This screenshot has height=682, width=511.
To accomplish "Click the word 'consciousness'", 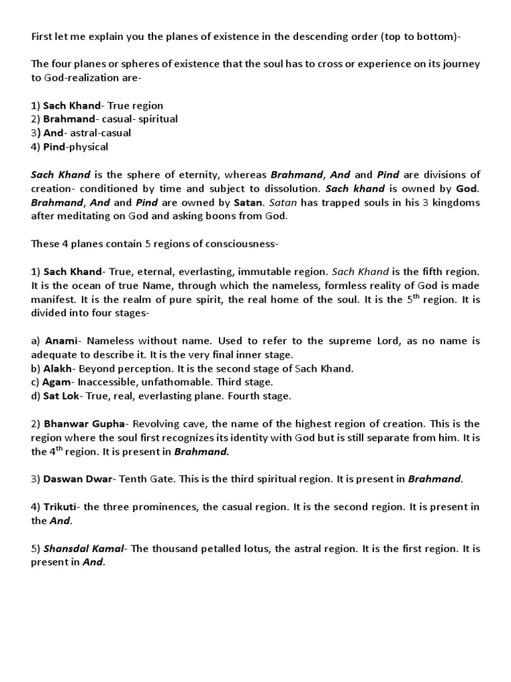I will click(240, 244).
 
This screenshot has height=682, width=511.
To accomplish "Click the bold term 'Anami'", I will click(62, 341).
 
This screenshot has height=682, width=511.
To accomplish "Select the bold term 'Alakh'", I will click(60, 368).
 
